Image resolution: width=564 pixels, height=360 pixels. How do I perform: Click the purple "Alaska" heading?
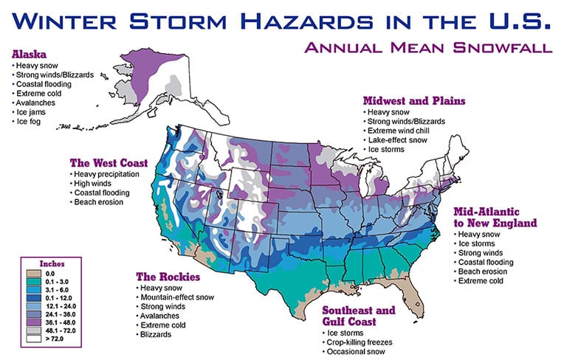[x=29, y=55]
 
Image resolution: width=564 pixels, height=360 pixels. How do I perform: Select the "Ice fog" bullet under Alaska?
[x=28, y=122]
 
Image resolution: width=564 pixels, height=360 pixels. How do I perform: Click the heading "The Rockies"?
[x=168, y=277]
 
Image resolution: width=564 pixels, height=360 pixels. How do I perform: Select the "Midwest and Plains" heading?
[x=414, y=100]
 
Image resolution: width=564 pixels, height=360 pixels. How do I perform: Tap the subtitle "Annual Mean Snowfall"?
[x=428, y=48]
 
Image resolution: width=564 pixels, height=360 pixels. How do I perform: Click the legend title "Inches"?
[x=52, y=263]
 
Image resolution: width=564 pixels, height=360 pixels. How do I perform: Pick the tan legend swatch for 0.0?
[x=33, y=274]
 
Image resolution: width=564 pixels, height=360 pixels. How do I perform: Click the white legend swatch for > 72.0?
[x=33, y=339]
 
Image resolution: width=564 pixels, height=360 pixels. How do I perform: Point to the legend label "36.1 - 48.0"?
[x=61, y=322]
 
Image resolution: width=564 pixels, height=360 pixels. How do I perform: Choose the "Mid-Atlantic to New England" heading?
[x=495, y=218]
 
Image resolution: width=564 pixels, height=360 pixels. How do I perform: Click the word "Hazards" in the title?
[x=309, y=21]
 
